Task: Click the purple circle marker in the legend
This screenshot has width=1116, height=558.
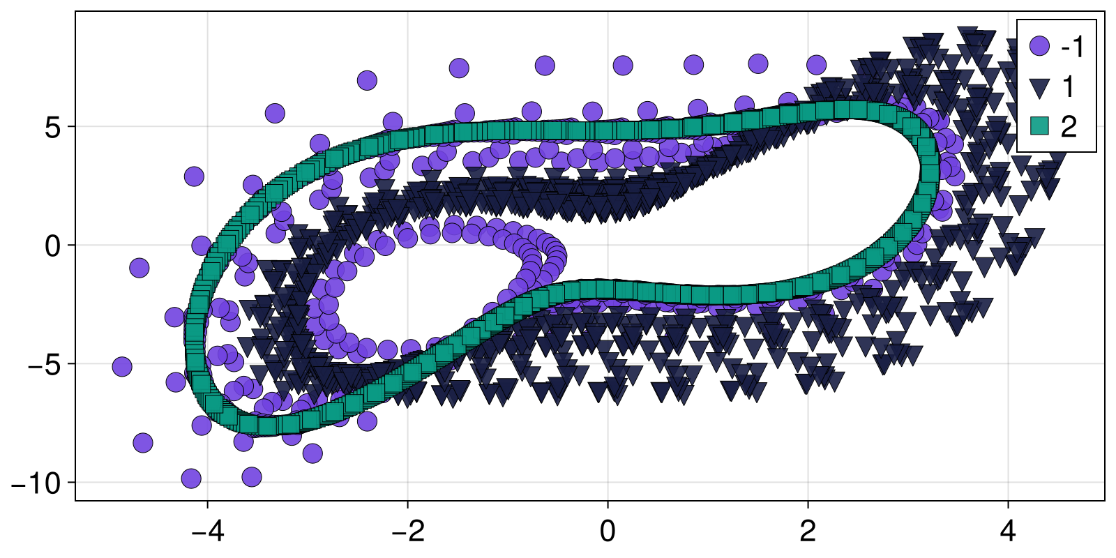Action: coord(1039,47)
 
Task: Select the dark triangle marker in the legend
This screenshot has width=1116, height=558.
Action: coord(1039,87)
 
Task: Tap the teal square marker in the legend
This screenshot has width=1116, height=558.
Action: coord(1039,126)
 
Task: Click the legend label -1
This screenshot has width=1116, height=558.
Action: coord(1073,47)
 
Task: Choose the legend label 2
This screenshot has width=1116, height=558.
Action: coord(1069,126)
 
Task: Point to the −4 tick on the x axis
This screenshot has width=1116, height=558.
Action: coord(207,532)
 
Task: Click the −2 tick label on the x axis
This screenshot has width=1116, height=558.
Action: coord(407,532)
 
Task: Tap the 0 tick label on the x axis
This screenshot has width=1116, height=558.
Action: coord(608,532)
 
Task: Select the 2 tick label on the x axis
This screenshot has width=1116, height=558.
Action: coord(808,532)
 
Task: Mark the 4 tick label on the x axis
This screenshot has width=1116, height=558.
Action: coord(1008,532)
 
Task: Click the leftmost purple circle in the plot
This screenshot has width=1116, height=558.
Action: coord(122,366)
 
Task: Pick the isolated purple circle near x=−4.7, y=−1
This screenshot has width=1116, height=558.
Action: coord(139,267)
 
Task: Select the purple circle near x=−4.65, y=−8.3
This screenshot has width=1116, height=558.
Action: coord(142,442)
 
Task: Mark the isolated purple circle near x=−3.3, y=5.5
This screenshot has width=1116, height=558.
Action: coord(275,113)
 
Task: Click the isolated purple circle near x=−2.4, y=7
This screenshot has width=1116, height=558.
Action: coord(367,80)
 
